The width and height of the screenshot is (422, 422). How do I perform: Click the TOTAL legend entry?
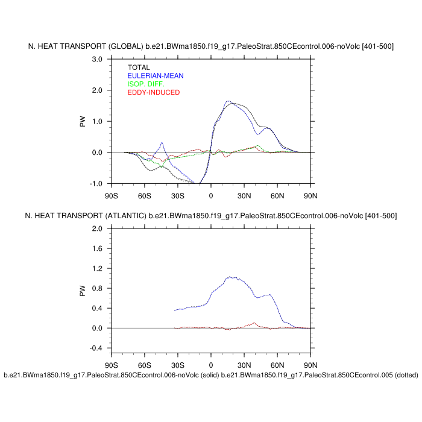[x=139, y=68]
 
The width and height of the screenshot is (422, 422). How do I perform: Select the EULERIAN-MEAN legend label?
[x=156, y=76]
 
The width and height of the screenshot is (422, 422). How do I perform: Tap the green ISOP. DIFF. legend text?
[x=145, y=84]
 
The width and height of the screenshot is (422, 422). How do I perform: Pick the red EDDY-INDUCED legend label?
[x=154, y=92]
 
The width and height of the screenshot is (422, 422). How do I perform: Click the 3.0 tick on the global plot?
[x=96, y=59]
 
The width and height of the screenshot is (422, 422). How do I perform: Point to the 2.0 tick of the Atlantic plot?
[x=96, y=229]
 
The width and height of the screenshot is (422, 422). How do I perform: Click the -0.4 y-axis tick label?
[x=95, y=348]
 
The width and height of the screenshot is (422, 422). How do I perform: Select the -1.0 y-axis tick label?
[x=95, y=184]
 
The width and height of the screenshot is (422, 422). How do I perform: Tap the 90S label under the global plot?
[x=112, y=196]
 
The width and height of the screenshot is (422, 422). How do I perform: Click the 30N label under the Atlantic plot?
[x=244, y=365]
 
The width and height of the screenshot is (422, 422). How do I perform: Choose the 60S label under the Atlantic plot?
[x=145, y=365]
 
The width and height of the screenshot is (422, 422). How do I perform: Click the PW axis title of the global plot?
[x=83, y=121]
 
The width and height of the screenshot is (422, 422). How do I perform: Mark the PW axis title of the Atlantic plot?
[x=83, y=290]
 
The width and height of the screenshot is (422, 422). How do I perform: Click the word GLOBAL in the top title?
[x=127, y=46]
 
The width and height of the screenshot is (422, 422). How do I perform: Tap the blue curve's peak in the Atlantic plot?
[x=230, y=277]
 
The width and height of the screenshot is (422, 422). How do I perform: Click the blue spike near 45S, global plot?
[x=162, y=143]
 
